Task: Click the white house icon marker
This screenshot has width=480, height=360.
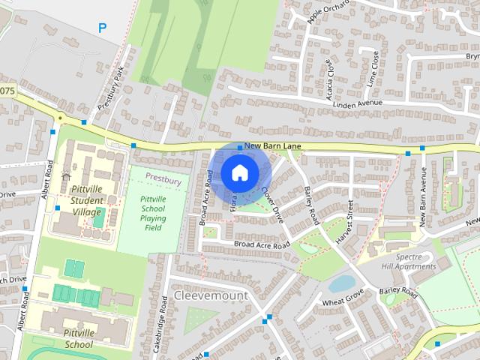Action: click(238, 172)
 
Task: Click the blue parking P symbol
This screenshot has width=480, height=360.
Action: click(103, 28)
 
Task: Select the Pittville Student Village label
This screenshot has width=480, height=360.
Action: click(87, 201)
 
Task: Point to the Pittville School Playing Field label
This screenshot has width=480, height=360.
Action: click(153, 213)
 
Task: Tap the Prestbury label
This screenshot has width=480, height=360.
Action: click(163, 180)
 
